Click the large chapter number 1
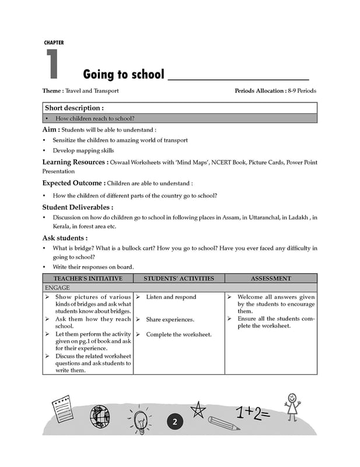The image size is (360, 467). pyautogui.click(x=52, y=64)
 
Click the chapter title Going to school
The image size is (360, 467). pyautogui.click(x=123, y=75)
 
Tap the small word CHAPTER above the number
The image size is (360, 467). pyautogui.click(x=54, y=43)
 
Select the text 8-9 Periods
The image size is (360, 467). pyautogui.click(x=302, y=91)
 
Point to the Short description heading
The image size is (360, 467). pyautogui.click(x=74, y=108)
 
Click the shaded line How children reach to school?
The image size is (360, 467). pyautogui.click(x=93, y=118)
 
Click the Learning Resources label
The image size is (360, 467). pyautogui.click(x=74, y=162)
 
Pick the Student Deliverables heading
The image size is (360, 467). pyautogui.click(x=78, y=207)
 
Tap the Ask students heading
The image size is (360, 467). pyautogui.click(x=65, y=238)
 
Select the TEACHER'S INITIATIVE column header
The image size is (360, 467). pyautogui.click(x=88, y=279)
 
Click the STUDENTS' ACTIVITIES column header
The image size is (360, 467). pyautogui.click(x=179, y=279)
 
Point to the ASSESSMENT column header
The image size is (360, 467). pyautogui.click(x=271, y=279)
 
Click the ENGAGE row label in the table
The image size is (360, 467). pyautogui.click(x=57, y=288)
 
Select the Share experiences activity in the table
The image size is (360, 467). pyautogui.click(x=170, y=319)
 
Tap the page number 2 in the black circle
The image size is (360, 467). pyautogui.click(x=174, y=422)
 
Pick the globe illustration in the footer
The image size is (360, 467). pyautogui.click(x=100, y=416)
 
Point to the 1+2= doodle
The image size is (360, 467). pyautogui.click(x=252, y=413)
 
